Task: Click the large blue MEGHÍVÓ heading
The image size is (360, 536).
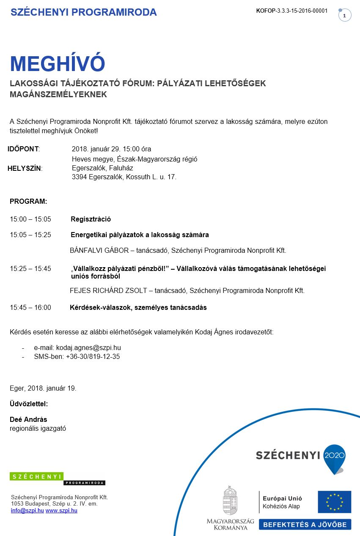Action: pyautogui.click(x=57, y=64)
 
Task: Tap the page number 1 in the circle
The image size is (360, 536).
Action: pyautogui.click(x=345, y=16)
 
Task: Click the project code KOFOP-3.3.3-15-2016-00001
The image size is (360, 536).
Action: pyautogui.click(x=291, y=11)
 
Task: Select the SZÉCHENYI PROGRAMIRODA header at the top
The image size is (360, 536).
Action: pyautogui.click(x=83, y=12)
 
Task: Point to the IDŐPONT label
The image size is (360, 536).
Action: pyautogui.click(x=23, y=149)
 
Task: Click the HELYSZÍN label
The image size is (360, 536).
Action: pyautogui.click(x=25, y=168)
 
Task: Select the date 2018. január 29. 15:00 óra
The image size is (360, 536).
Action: pyautogui.click(x=111, y=149)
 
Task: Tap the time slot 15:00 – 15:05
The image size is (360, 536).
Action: pyautogui.click(x=30, y=219)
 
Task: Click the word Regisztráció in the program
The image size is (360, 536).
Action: pyautogui.click(x=91, y=219)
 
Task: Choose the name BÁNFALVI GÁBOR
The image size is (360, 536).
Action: pyautogui.click(x=99, y=250)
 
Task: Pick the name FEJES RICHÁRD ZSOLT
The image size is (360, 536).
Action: pyautogui.click(x=108, y=290)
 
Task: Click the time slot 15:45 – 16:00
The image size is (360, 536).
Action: pyautogui.click(x=30, y=307)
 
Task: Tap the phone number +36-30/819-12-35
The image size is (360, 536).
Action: pyautogui.click(x=93, y=356)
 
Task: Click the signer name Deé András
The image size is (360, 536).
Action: pyautogui.click(x=28, y=419)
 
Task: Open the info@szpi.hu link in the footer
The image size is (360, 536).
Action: pyautogui.click(x=27, y=511)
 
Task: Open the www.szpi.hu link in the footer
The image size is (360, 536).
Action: pyautogui.click(x=61, y=511)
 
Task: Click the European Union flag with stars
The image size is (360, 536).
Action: pyautogui.click(x=334, y=502)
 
